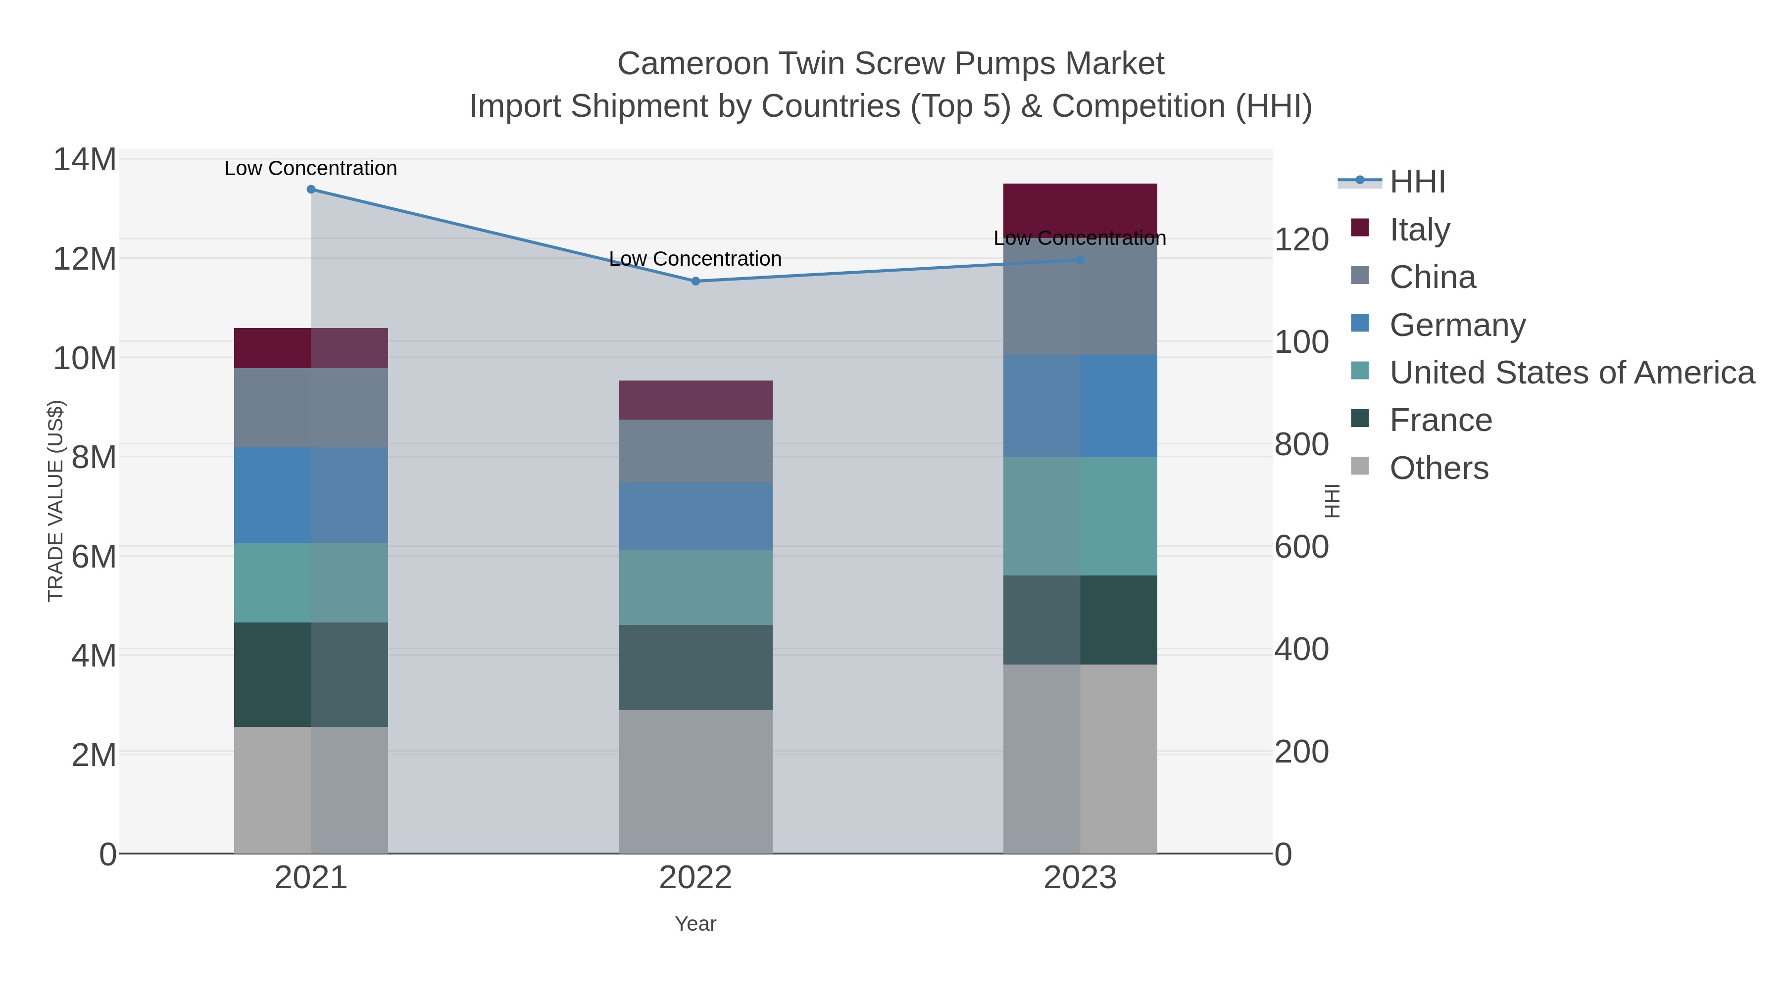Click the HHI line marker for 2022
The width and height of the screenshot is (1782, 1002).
tap(695, 282)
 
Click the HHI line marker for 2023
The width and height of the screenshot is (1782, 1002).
tap(1080, 260)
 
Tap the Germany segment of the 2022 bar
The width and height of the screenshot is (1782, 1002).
tap(695, 516)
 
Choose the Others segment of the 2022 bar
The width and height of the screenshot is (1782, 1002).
tap(695, 781)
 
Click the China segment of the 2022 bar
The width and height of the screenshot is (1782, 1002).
tap(695, 451)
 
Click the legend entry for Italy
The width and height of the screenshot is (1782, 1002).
tap(1420, 230)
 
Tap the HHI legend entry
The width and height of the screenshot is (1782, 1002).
tap(1417, 182)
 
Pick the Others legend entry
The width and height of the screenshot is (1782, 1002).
tap(1439, 468)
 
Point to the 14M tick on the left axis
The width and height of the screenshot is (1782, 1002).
tap(85, 160)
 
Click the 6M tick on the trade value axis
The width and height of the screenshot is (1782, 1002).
tap(94, 557)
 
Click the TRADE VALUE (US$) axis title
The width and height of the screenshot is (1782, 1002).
tap(55, 501)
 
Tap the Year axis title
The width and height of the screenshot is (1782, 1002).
tap(695, 924)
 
